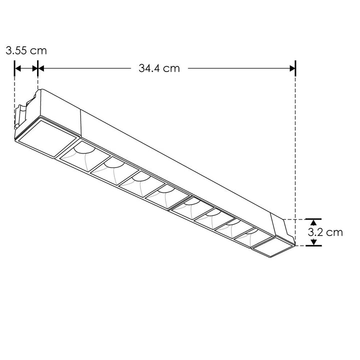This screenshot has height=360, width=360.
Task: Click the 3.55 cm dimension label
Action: (x=26, y=50)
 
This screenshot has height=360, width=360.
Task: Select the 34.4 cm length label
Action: (x=159, y=68)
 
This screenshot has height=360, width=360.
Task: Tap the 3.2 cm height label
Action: (x=325, y=232)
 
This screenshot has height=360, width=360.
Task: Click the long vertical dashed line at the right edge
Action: (x=296, y=150)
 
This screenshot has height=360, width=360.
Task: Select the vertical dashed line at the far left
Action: (x=14, y=100)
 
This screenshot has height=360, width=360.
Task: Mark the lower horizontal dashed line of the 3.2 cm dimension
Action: (x=302, y=246)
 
